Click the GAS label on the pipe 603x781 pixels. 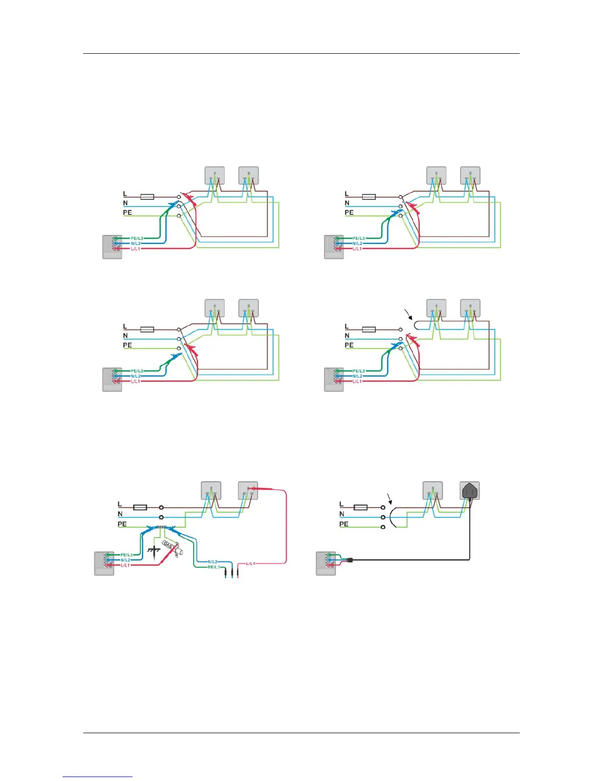click(x=168, y=546)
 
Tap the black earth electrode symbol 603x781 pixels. click(x=154, y=550)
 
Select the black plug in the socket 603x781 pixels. click(x=469, y=491)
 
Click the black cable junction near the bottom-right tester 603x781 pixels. click(x=350, y=560)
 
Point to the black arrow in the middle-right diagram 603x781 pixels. click(x=408, y=314)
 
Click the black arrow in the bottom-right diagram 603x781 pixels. click(x=391, y=498)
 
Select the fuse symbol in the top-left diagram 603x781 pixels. click(x=147, y=197)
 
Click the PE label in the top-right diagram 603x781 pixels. click(x=349, y=213)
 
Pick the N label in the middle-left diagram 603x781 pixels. click(x=125, y=336)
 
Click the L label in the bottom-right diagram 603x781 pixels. click(x=341, y=504)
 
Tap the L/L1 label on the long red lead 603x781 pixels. click(x=250, y=563)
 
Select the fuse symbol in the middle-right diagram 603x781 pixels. click(x=369, y=329)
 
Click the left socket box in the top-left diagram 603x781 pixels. click(x=215, y=175)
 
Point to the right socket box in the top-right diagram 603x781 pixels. click(x=470, y=175)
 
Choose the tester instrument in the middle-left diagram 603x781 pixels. click(x=112, y=379)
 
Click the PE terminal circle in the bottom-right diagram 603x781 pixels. click(x=383, y=527)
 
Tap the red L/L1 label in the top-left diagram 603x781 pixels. click(x=135, y=249)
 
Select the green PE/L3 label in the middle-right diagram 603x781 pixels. click(x=359, y=371)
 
